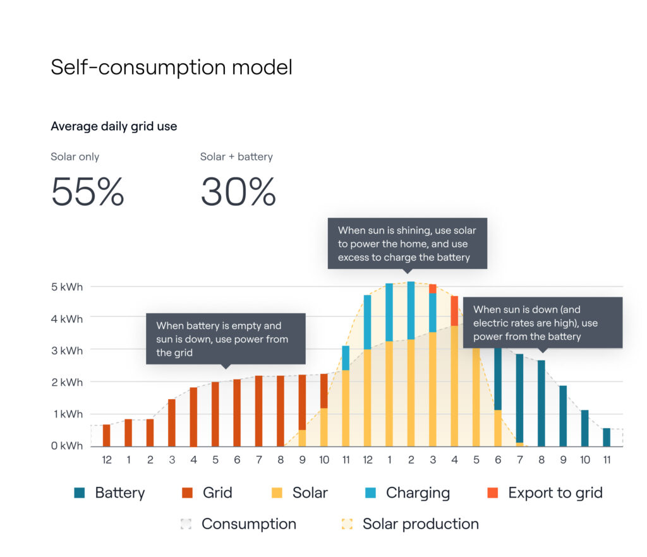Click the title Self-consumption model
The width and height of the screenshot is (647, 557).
[171, 67]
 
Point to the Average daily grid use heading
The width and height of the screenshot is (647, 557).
[114, 126]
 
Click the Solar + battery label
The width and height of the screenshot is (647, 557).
[236, 157]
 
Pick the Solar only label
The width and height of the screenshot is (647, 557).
[75, 157]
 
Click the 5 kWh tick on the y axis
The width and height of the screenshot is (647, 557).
[67, 287]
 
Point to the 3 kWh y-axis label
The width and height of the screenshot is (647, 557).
[67, 350]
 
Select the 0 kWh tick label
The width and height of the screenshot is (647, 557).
[67, 446]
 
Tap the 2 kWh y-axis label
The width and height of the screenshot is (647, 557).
[67, 381]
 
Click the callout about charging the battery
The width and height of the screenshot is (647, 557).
[407, 244]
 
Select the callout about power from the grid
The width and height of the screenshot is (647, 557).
[226, 338]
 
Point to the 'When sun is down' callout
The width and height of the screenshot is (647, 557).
[543, 323]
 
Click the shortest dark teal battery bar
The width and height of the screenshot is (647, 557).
[607, 437]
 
